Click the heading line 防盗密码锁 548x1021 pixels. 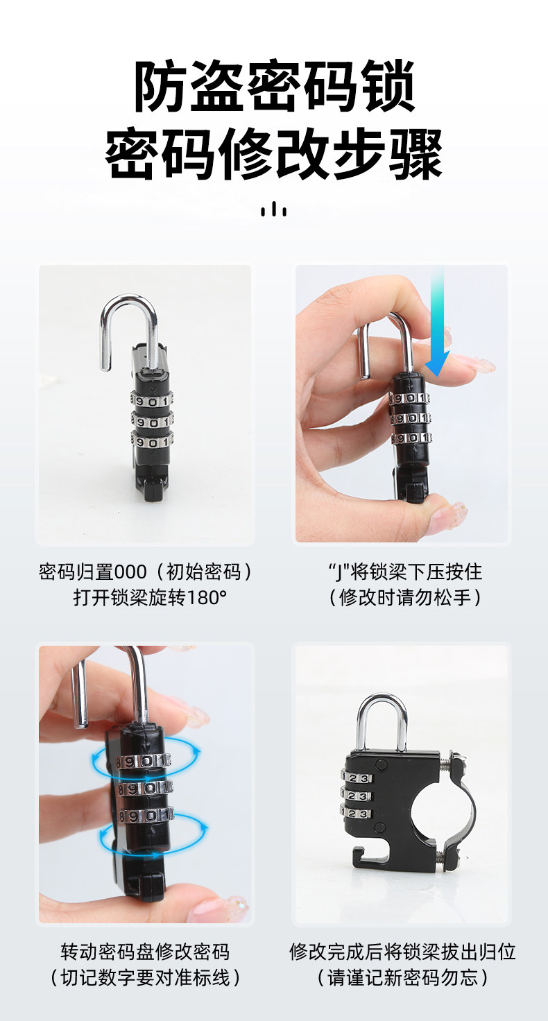pyautogui.click(x=274, y=87)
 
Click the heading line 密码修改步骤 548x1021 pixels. pyautogui.click(x=274, y=153)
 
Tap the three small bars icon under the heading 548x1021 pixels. pyautogui.click(x=273, y=209)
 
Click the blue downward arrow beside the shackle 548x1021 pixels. pyautogui.click(x=437, y=324)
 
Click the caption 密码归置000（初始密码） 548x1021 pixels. pyautogui.click(x=146, y=572)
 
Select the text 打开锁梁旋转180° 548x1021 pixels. pyautogui.click(x=150, y=598)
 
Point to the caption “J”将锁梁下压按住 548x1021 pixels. pyautogui.click(x=405, y=572)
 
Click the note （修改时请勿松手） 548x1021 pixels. pyautogui.click(x=405, y=598)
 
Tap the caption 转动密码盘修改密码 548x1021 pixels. pyautogui.click(x=145, y=952)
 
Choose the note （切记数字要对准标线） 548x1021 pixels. pyautogui.click(x=145, y=978)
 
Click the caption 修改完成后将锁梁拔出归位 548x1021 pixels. pyautogui.click(x=402, y=952)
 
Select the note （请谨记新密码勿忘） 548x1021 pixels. pyautogui.click(x=402, y=978)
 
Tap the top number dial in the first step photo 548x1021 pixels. pyautogui.click(x=152, y=402)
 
